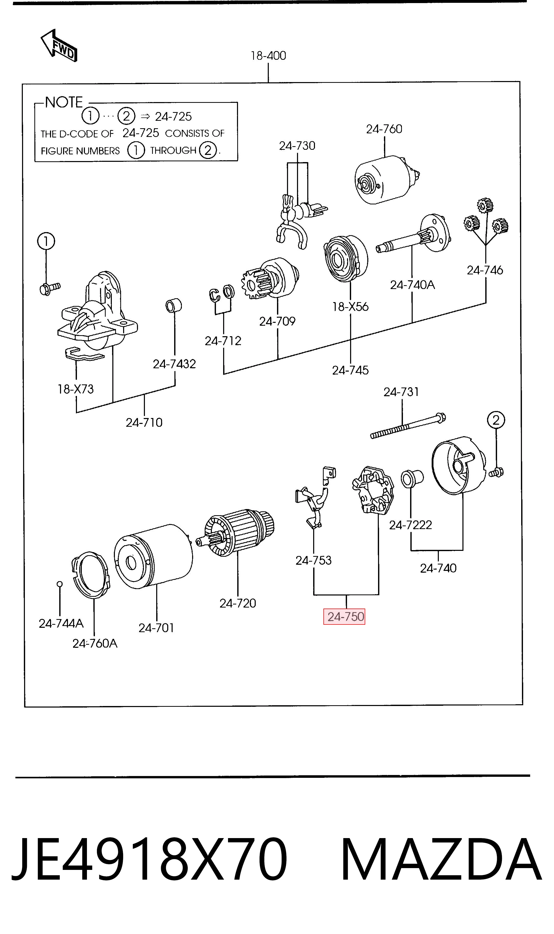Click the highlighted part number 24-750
point(346,617)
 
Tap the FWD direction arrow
point(59,46)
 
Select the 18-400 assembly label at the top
point(269,56)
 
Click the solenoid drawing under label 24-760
point(386,180)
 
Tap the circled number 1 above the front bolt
point(46,241)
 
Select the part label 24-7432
point(174,364)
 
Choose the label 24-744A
point(61,623)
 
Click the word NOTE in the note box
point(64,102)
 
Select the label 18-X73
point(76,389)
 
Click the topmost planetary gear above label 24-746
point(485,205)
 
